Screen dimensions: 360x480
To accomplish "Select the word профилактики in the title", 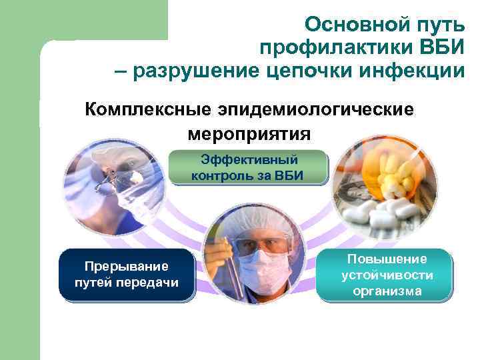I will click(x=333, y=48).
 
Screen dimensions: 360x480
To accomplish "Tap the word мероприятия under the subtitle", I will click(x=249, y=133).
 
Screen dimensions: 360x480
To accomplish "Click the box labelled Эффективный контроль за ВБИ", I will click(x=247, y=167).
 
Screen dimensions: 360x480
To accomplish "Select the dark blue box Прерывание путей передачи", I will click(x=127, y=274).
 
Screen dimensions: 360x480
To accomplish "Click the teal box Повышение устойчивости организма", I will click(x=387, y=274).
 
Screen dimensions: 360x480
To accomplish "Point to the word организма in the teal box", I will click(x=387, y=291).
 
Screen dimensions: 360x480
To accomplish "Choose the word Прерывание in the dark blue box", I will click(x=127, y=266).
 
